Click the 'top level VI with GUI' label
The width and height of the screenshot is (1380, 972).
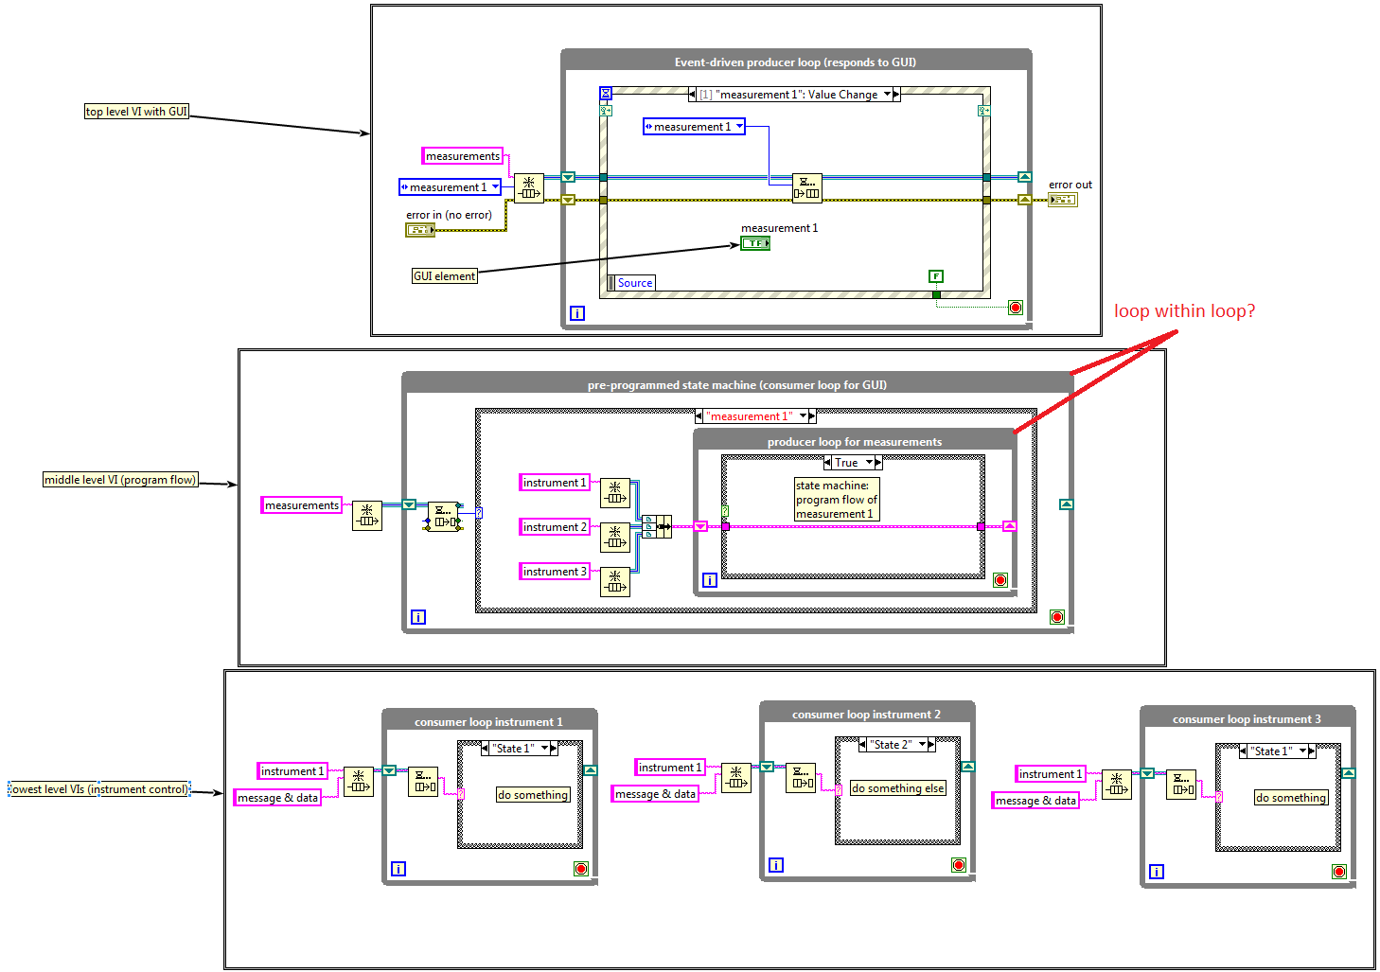pyautogui.click(x=136, y=112)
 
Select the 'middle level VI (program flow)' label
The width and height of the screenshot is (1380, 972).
pyautogui.click(x=120, y=480)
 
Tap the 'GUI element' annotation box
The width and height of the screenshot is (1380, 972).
pyautogui.click(x=444, y=276)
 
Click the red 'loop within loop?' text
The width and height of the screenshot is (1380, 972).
pyautogui.click(x=1184, y=311)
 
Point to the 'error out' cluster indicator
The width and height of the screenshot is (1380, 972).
pyautogui.click(x=1062, y=200)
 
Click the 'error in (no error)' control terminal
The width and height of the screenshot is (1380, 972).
pyautogui.click(x=419, y=230)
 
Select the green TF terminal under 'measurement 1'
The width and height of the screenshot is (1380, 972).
pyautogui.click(x=754, y=243)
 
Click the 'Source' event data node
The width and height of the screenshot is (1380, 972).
pyautogui.click(x=634, y=283)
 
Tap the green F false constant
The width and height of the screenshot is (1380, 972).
pyautogui.click(x=936, y=276)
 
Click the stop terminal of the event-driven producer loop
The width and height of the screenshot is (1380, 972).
pyautogui.click(x=1016, y=308)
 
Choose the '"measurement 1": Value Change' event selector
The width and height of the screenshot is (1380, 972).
pyautogui.click(x=796, y=95)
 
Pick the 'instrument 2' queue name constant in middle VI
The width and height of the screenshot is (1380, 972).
pyautogui.click(x=555, y=527)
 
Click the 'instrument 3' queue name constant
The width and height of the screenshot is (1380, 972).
pyautogui.click(x=555, y=572)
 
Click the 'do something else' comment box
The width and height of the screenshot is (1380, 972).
pyautogui.click(x=897, y=788)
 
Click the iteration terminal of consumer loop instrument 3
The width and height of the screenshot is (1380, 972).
pyautogui.click(x=1156, y=872)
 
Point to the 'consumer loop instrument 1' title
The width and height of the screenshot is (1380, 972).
pyautogui.click(x=488, y=722)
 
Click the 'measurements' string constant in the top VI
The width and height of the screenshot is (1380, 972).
pyautogui.click(x=462, y=156)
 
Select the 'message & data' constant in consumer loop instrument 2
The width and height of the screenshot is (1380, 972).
pyautogui.click(x=655, y=794)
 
